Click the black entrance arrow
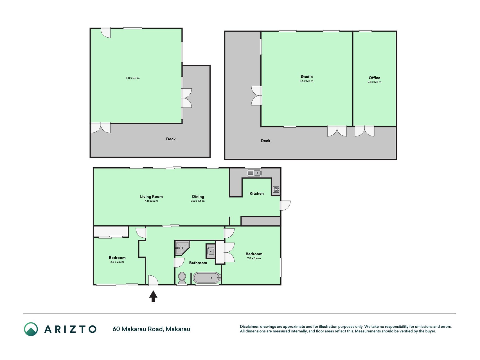[x=153, y=296]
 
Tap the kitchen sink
[x=254, y=173]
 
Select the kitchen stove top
[x=276, y=189]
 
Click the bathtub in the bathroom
[x=207, y=278]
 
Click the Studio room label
[x=307, y=76]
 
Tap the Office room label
[x=374, y=78]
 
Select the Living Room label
[x=151, y=197]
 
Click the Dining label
[x=198, y=197]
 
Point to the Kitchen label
[x=256, y=193]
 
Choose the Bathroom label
[x=198, y=263]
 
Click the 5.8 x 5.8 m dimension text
[x=132, y=78]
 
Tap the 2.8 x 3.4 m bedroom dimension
[x=254, y=258]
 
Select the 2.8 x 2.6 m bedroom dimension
[x=117, y=262]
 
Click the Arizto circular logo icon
[x=31, y=329]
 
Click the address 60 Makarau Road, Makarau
[x=151, y=329]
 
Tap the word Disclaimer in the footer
[x=249, y=327]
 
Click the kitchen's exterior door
[x=285, y=206]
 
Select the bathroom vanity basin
[x=210, y=251]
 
